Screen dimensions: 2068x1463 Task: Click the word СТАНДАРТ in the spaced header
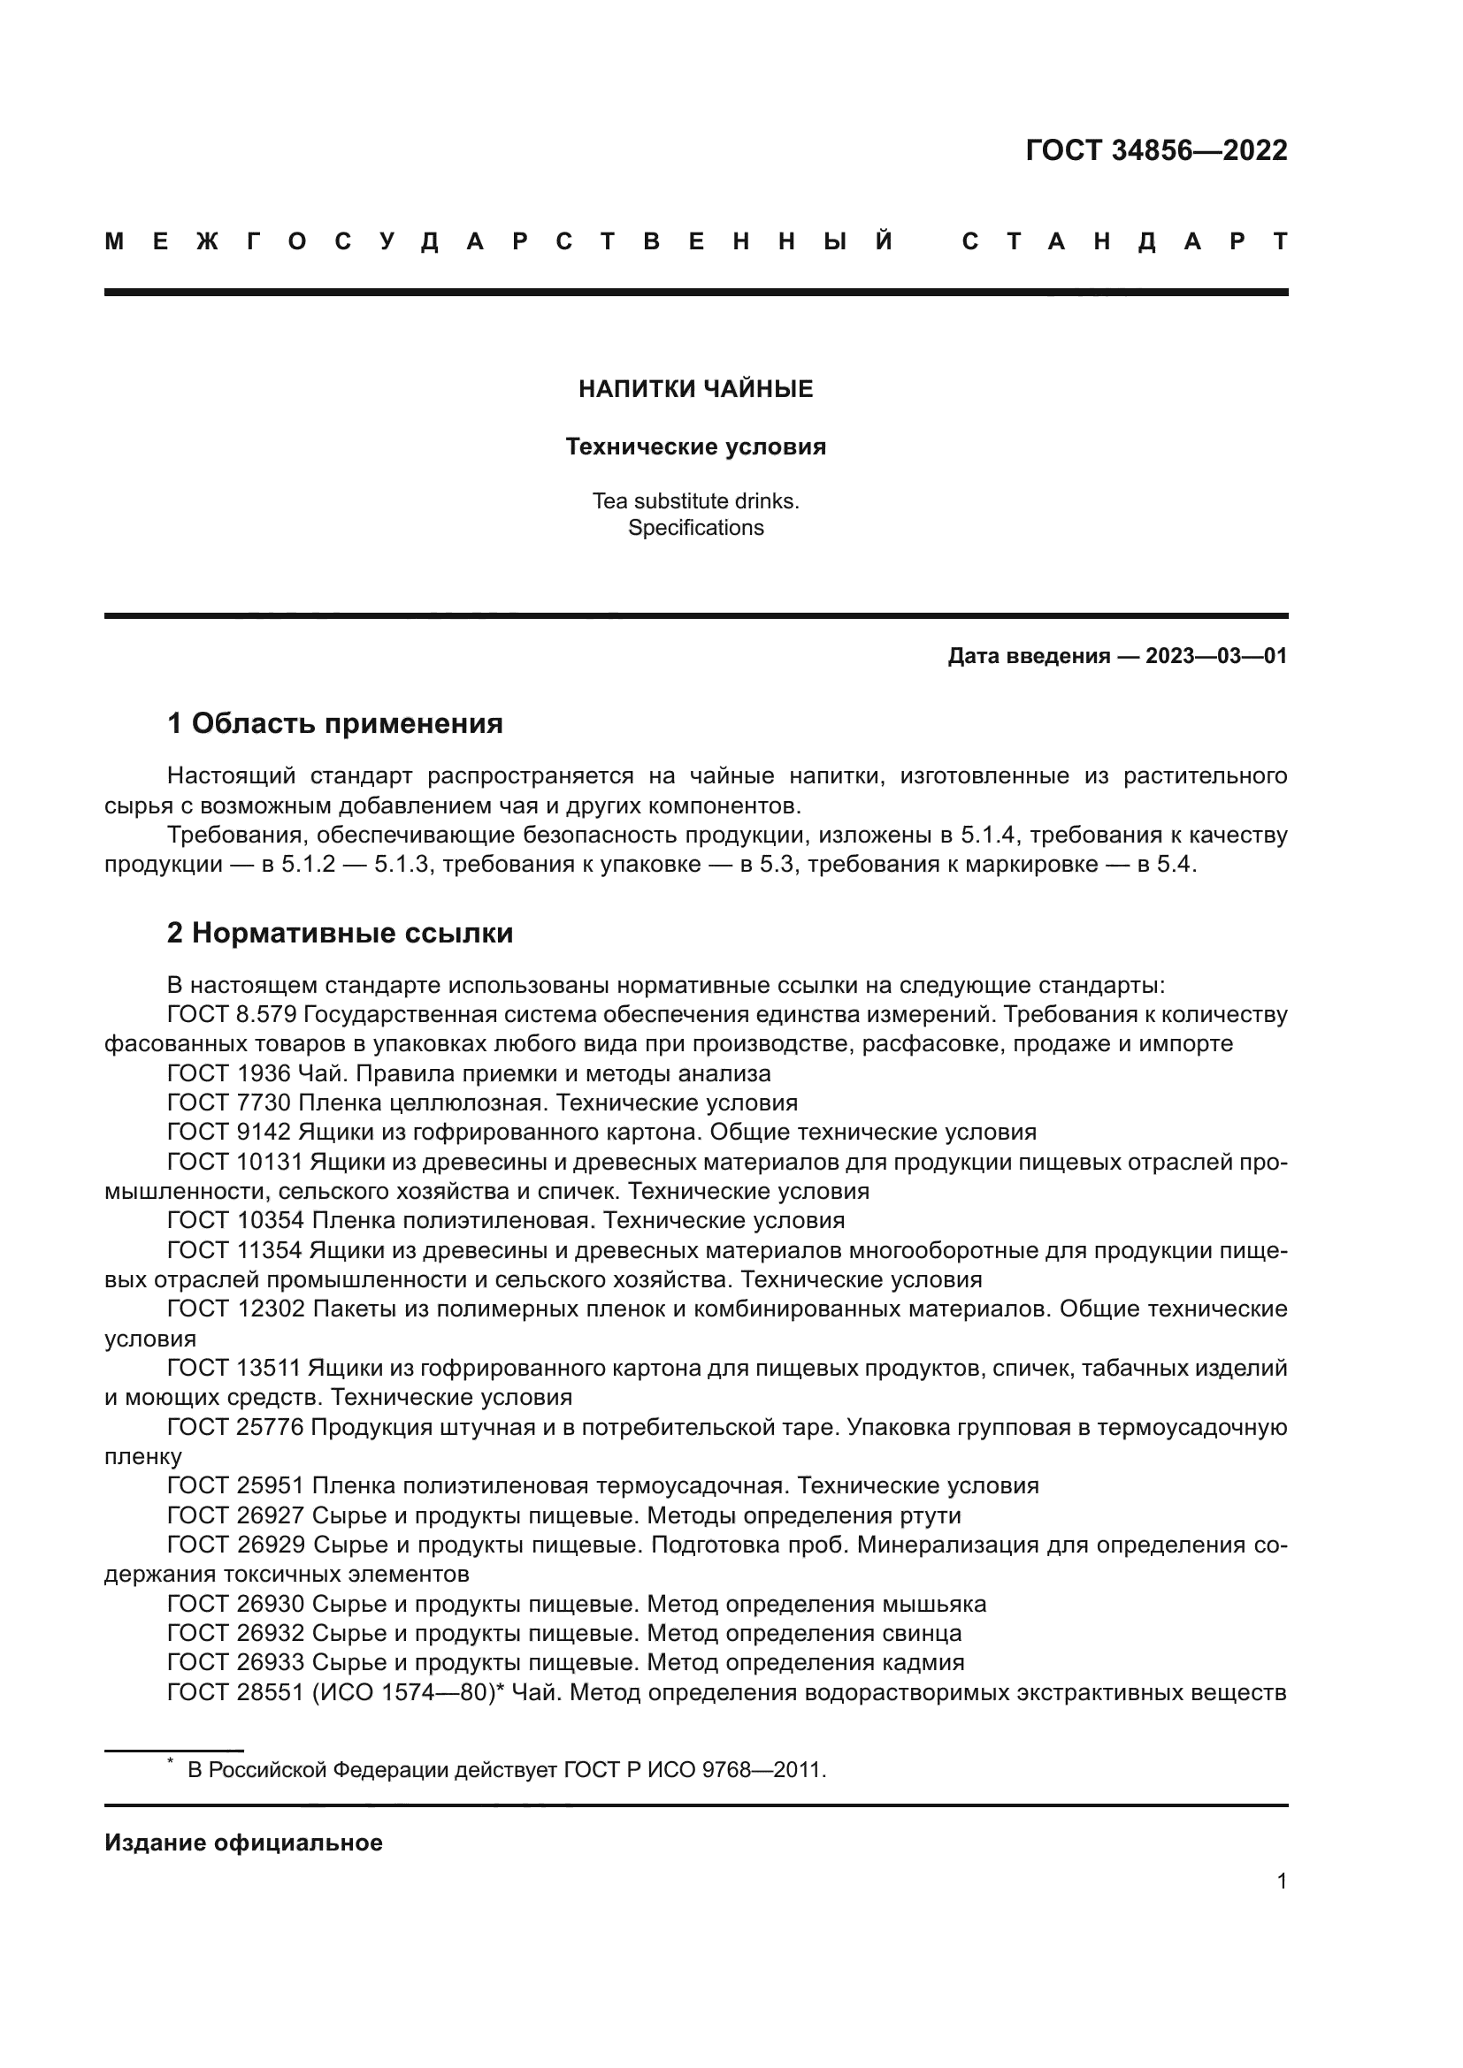coord(1124,242)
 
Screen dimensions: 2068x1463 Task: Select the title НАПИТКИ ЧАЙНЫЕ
coord(695,389)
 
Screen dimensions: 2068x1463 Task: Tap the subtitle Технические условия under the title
coord(695,446)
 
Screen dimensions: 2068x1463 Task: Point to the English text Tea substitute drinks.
coord(695,500)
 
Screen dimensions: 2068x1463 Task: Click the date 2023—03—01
coord(1216,656)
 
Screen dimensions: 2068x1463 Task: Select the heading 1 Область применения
coord(334,723)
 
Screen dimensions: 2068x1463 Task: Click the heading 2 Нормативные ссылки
coord(340,933)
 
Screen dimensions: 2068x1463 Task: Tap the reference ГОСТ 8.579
coord(232,1015)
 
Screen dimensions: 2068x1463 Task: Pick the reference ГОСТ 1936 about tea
coord(229,1073)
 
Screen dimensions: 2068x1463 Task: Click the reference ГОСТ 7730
coord(229,1103)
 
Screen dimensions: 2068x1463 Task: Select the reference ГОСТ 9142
coord(229,1133)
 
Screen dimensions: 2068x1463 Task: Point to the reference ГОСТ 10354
coord(236,1220)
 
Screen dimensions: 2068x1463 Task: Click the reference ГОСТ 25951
coord(236,1485)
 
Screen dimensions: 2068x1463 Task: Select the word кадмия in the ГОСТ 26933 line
coord(927,1662)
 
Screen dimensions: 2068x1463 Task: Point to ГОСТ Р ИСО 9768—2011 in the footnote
coord(693,1770)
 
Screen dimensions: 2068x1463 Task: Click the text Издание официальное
coord(243,1843)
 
